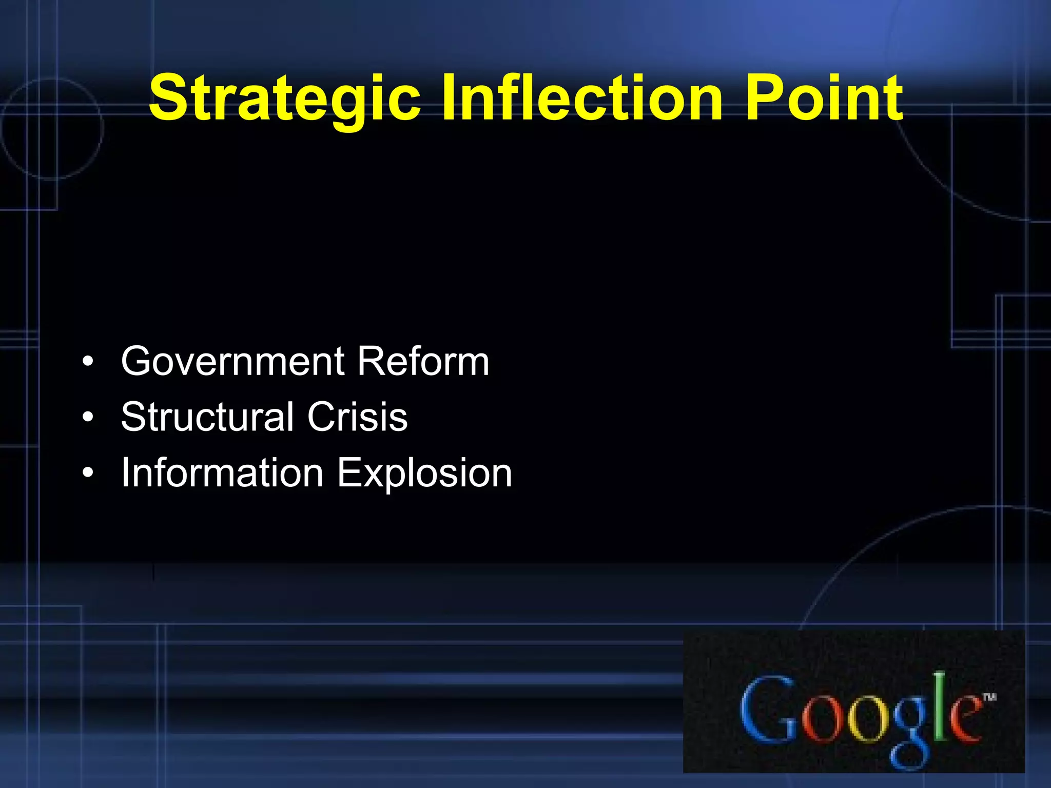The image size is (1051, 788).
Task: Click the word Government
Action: click(x=232, y=362)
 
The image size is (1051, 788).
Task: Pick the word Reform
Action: click(x=423, y=362)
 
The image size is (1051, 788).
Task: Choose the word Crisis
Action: click(x=357, y=417)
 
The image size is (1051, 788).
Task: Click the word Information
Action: click(x=222, y=472)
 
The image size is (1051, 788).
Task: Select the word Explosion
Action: click(x=424, y=474)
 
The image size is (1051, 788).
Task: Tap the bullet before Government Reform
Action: click(x=88, y=362)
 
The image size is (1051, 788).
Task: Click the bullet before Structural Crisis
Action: click(x=88, y=417)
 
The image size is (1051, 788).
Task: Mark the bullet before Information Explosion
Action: click(x=88, y=472)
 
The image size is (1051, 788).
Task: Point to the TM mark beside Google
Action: click(x=989, y=697)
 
